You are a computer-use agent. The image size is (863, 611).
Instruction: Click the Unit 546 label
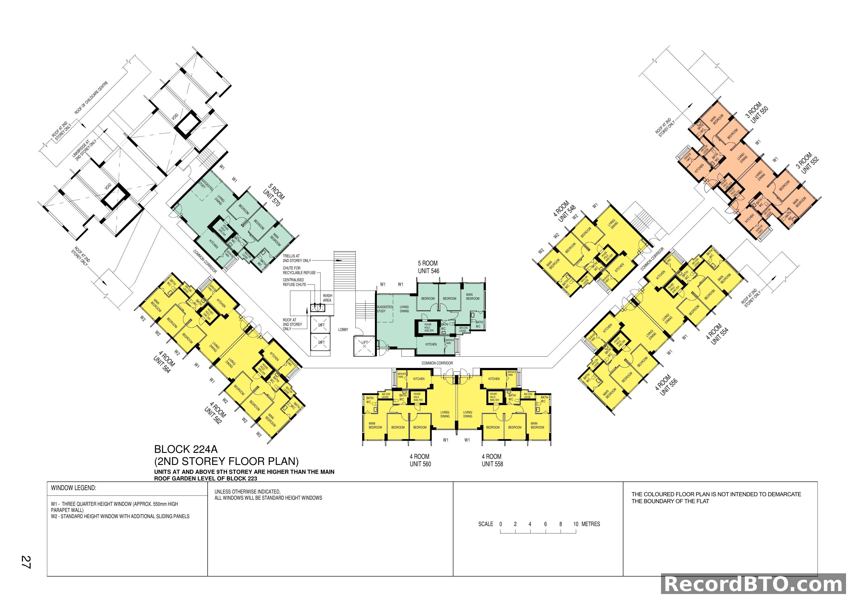[429, 271]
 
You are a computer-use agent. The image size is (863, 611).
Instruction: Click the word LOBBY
[343, 330]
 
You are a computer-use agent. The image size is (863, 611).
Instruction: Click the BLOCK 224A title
[186, 449]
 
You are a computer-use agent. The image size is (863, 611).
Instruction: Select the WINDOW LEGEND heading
[74, 488]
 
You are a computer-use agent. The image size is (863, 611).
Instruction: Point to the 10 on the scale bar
[575, 524]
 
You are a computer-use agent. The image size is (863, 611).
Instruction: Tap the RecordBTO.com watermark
[754, 584]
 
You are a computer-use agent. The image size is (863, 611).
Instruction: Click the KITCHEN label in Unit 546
[431, 344]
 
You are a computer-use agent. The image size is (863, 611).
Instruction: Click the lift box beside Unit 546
[364, 346]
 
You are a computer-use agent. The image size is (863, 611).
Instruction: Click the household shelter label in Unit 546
[429, 327]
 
